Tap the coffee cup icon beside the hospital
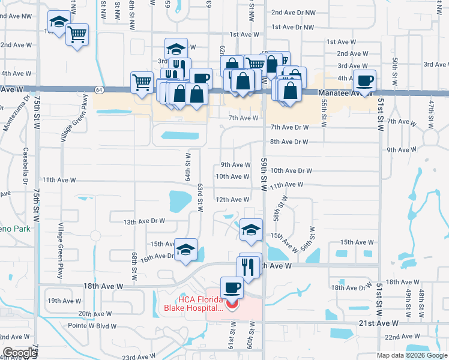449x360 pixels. [232, 287]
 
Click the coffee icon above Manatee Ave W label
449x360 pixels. [364, 80]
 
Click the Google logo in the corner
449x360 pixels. [19, 353]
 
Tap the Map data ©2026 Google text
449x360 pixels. [412, 355]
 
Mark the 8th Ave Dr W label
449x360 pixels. [289, 142]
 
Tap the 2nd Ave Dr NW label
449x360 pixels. [293, 12]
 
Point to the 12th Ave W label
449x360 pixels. [233, 200]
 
